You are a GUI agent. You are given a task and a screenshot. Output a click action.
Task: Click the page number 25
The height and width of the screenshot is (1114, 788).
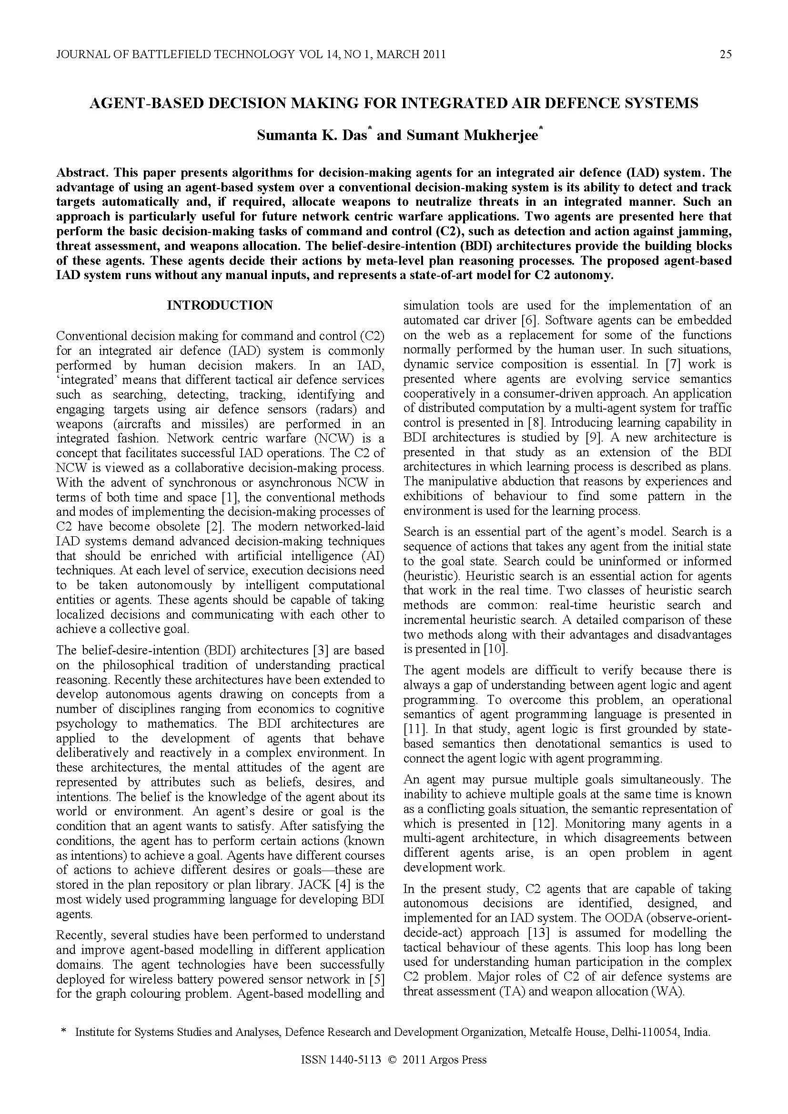click(725, 54)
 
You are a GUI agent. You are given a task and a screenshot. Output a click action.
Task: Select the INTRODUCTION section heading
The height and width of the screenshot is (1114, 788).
click(220, 305)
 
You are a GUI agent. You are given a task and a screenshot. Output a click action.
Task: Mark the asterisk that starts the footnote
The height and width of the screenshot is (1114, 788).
click(63, 1032)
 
